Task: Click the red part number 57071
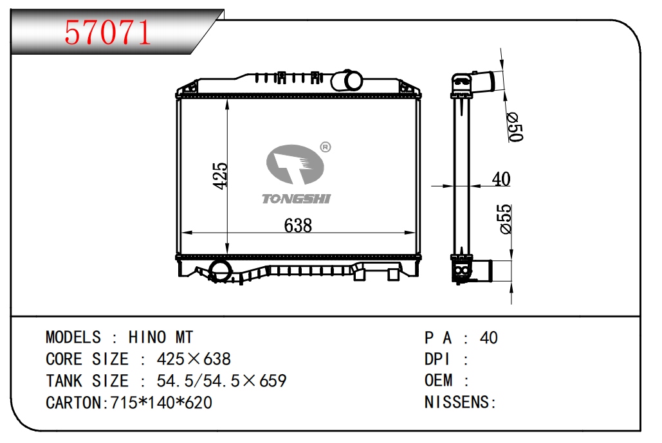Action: tap(107, 32)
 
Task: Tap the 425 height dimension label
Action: tap(220, 176)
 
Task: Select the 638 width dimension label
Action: tap(298, 225)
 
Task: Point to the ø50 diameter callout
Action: tap(515, 127)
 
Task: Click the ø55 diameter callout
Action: tap(505, 219)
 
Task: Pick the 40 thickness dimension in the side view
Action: tap(501, 179)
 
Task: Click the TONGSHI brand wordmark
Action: tap(297, 199)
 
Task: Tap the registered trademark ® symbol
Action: tap(325, 147)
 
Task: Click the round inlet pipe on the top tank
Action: tap(347, 80)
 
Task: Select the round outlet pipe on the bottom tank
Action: tap(220, 271)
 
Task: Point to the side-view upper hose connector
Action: tap(484, 82)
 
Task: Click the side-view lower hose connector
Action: tap(481, 271)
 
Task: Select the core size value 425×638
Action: tap(194, 359)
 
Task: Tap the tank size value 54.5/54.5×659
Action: tap(222, 381)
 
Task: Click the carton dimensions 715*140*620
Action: tap(161, 402)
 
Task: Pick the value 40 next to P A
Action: tap(488, 338)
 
